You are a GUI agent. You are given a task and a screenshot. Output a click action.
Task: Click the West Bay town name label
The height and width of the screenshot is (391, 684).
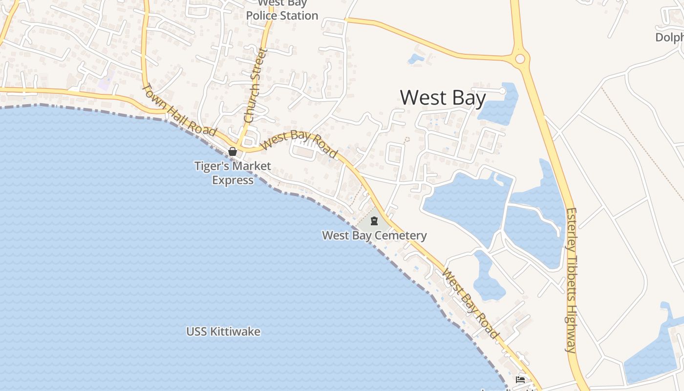[443, 98]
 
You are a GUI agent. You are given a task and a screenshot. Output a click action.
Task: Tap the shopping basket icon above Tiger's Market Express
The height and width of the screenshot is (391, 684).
[233, 152]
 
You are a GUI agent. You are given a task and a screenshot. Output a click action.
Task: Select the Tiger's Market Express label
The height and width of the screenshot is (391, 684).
[233, 173]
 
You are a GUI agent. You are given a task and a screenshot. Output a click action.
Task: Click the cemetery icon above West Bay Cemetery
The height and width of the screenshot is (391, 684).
[374, 221]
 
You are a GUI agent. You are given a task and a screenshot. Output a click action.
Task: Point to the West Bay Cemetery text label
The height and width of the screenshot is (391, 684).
[374, 236]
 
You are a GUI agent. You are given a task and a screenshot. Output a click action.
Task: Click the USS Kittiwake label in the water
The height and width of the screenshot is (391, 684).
[223, 332]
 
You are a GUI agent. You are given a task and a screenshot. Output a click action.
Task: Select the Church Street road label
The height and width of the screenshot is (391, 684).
[256, 86]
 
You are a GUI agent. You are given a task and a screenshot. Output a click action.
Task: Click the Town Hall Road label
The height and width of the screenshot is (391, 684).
[179, 110]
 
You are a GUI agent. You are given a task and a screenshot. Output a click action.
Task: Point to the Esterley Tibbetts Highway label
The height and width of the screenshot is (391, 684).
[571, 280]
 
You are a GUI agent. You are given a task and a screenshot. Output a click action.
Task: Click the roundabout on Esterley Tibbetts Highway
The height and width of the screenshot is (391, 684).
[520, 59]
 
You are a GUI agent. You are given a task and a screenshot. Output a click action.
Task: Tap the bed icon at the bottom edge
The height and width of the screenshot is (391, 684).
[520, 380]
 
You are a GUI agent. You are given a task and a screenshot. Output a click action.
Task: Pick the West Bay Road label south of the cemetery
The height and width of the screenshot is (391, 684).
[470, 304]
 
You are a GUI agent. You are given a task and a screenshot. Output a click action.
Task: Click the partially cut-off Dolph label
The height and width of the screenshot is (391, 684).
[669, 37]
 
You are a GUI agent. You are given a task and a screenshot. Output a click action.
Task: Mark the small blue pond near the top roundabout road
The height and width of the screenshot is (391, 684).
[416, 59]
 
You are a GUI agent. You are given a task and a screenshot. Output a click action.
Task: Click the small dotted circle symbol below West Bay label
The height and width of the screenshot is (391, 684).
[407, 139]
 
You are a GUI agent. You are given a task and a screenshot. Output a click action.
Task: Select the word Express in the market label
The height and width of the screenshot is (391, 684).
[233, 180]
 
